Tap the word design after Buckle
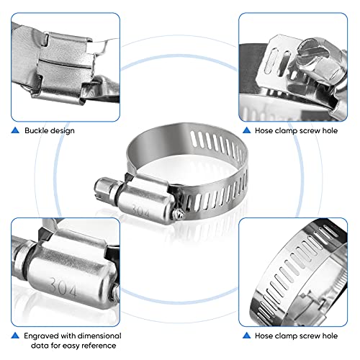(x=63, y=130)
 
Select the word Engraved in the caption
(x=42, y=336)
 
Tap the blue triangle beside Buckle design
(x=15, y=130)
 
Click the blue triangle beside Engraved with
(x=15, y=336)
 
